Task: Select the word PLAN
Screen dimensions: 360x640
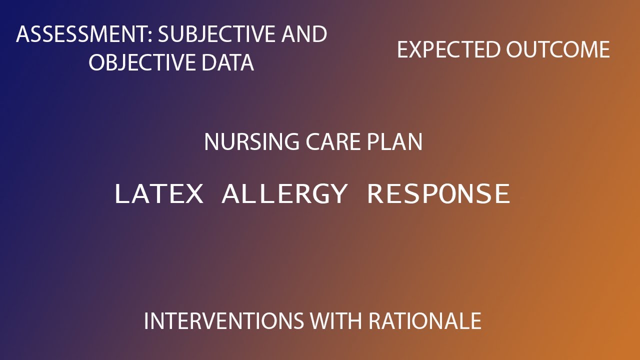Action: [x=395, y=142]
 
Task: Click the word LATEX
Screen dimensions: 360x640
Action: [x=159, y=194]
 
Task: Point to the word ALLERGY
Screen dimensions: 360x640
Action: [x=284, y=194]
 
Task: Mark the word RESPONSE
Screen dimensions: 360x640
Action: [x=438, y=194]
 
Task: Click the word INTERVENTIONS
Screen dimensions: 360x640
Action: [x=223, y=320]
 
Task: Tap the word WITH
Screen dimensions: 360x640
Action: [x=335, y=320]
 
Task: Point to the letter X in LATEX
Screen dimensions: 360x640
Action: [x=193, y=194]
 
